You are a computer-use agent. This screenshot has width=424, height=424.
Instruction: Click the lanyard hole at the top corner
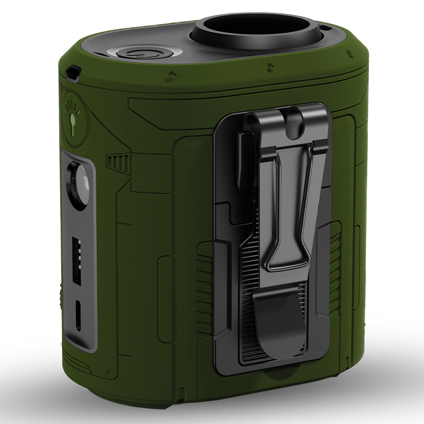tap(73, 73)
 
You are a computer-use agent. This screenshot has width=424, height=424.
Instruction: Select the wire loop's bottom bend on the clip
tap(288, 267)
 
